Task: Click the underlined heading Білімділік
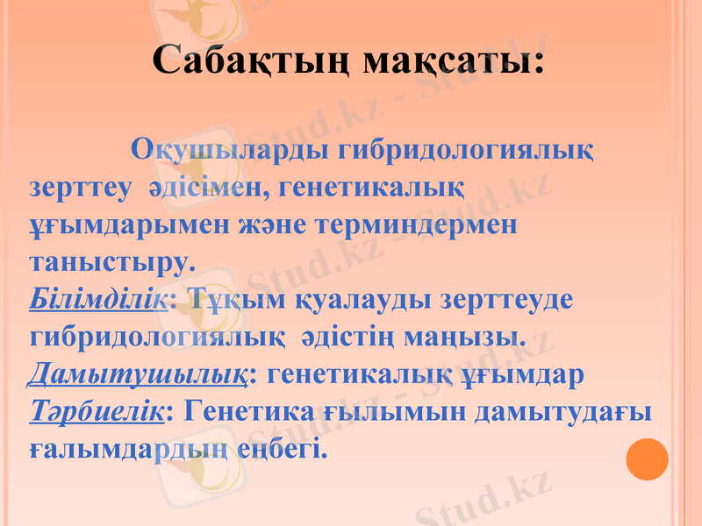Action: coord(97,299)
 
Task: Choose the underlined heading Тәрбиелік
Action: coord(96,412)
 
